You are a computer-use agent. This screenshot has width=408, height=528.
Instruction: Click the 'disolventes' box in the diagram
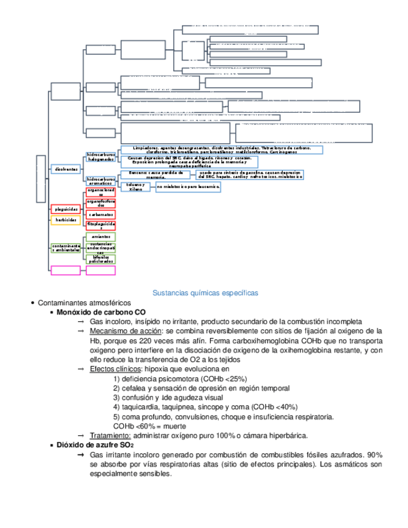(x=67, y=169)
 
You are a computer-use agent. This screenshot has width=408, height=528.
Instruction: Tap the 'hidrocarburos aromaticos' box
(x=101, y=181)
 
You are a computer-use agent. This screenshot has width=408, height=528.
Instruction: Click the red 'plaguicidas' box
(x=65, y=209)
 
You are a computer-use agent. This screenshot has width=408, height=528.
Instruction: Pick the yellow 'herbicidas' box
(x=65, y=220)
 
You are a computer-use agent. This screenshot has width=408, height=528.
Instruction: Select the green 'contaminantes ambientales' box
(x=65, y=248)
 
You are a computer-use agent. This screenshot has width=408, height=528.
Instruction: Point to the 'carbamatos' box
(x=100, y=214)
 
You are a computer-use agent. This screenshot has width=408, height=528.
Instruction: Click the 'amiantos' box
(x=100, y=237)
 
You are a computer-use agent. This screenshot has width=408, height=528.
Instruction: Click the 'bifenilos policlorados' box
(x=100, y=259)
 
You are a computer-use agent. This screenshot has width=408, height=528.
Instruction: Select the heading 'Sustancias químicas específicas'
(x=205, y=293)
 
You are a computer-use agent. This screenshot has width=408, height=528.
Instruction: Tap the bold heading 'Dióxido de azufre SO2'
(x=95, y=446)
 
